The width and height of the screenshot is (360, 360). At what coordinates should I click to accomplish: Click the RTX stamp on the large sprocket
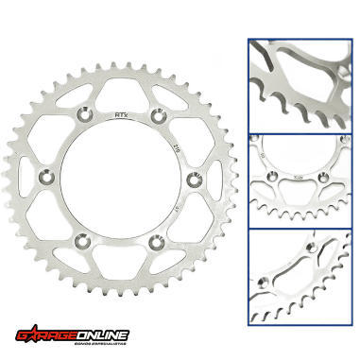tap(120, 115)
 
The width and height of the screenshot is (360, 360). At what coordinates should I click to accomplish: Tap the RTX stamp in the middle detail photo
tap(300, 176)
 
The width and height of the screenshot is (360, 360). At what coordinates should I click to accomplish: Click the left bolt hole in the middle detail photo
tap(276, 176)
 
